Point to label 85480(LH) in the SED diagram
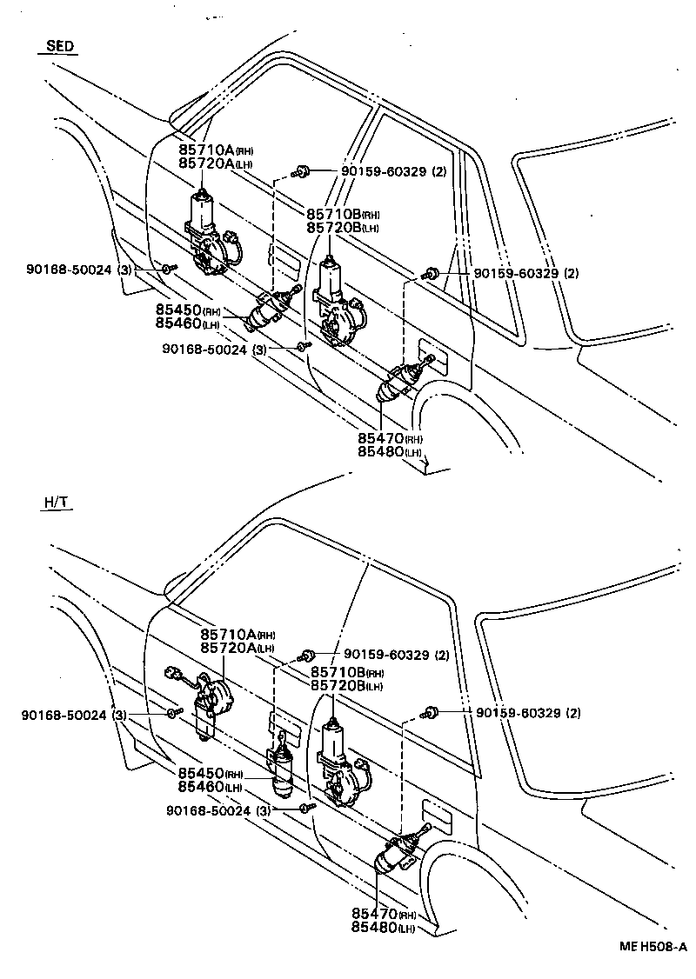(x=390, y=452)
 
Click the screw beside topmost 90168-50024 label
(x=168, y=270)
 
